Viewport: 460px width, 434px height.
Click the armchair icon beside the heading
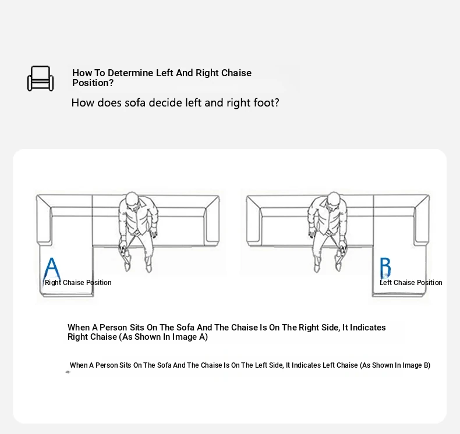point(41,79)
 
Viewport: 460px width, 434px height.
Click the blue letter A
point(52,268)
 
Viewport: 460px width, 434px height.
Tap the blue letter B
point(385,268)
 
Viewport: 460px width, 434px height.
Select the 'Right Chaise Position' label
point(78,283)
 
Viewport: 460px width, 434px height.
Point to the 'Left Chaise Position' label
point(411,283)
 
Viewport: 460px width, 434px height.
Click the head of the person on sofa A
point(133,201)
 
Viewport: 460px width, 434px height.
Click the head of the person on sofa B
point(333,201)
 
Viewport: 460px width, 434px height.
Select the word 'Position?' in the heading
point(93,83)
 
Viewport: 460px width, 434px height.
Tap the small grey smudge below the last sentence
point(68,372)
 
